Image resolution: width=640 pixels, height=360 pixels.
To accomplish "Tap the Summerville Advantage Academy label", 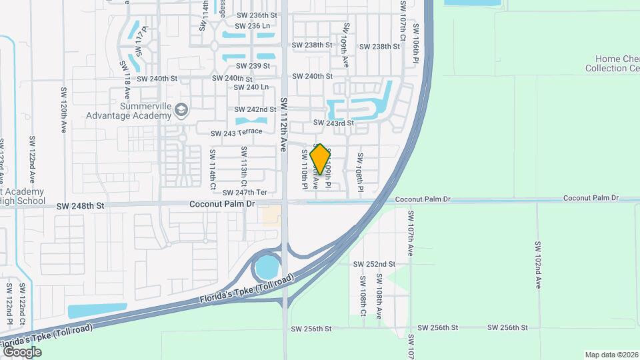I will (x=129, y=111).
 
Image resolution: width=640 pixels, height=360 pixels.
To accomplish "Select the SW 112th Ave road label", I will (x=283, y=123).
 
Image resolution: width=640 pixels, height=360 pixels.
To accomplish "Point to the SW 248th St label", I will (x=81, y=206).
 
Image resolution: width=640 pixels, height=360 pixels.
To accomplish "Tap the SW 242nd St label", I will (x=255, y=109).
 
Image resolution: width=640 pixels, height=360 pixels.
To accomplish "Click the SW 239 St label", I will (x=253, y=66).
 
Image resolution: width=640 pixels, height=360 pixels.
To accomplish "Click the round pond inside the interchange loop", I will (x=267, y=268).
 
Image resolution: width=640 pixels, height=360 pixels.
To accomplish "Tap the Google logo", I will (x=21, y=351).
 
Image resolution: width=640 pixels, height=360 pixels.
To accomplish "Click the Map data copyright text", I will (x=611, y=355).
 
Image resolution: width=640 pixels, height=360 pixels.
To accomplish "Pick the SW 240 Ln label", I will (x=251, y=87).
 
